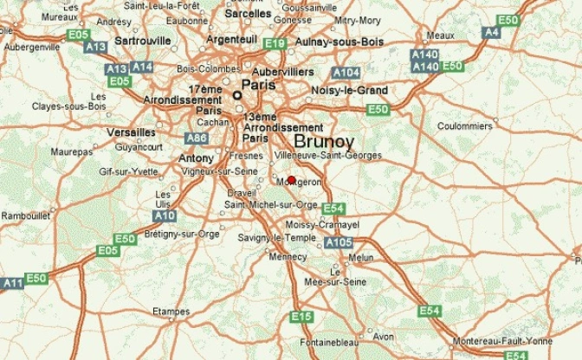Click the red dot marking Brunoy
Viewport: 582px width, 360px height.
(x=291, y=180)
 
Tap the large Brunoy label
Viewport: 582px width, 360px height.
(x=324, y=142)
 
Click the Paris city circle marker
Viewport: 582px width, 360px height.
(x=238, y=94)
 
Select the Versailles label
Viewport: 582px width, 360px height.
(x=131, y=132)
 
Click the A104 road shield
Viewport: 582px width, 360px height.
(x=346, y=72)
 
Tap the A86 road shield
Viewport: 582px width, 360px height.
(x=197, y=138)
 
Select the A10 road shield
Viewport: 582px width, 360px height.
(x=164, y=215)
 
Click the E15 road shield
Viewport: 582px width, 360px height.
(x=301, y=318)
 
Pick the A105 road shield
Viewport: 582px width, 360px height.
(x=339, y=243)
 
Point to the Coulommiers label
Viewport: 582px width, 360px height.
(x=465, y=125)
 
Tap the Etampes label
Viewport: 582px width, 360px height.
(x=170, y=311)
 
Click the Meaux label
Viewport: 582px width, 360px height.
(x=441, y=35)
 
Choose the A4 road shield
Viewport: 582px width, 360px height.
(x=491, y=32)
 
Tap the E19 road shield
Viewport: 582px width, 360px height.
(x=275, y=43)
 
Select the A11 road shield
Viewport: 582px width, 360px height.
(x=12, y=283)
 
